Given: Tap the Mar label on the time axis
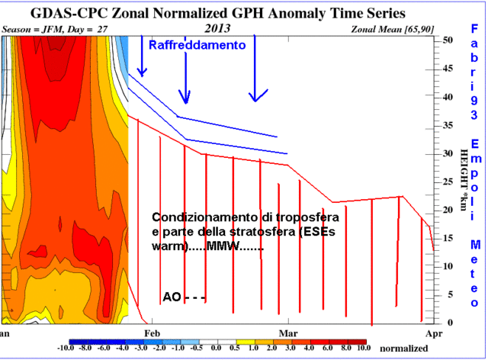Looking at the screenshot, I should pyautogui.click(x=288, y=333).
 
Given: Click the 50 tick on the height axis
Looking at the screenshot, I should pyautogui.click(x=449, y=41).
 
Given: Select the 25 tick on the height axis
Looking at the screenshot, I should pyautogui.click(x=449, y=182).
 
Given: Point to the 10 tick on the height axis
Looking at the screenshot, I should pyautogui.click(x=449, y=266).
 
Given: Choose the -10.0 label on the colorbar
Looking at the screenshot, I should pyautogui.click(x=68, y=349).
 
